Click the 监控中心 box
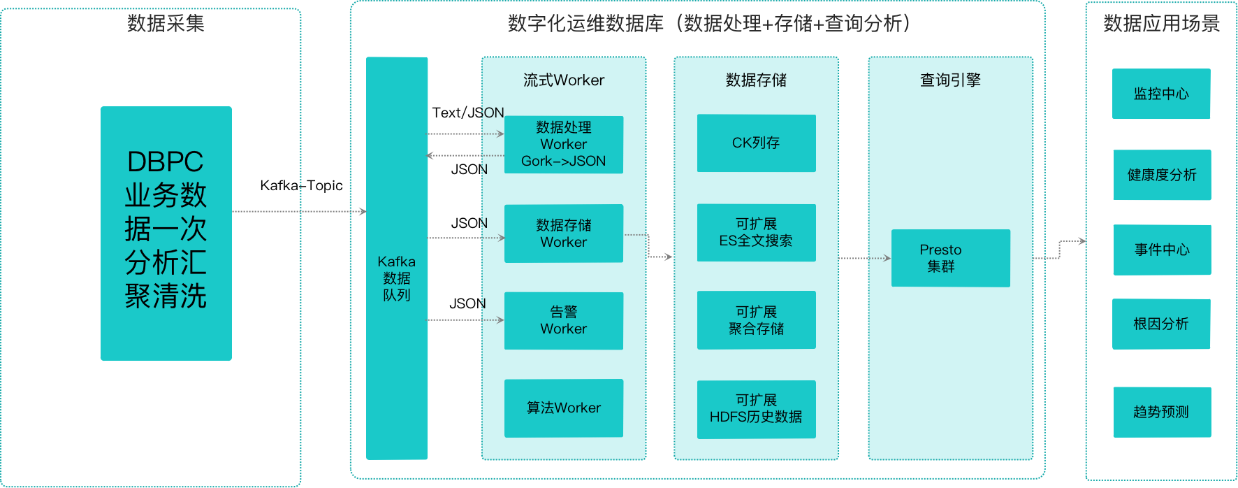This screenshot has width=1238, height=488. click(x=1161, y=94)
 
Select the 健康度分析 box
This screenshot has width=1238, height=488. click(x=1162, y=175)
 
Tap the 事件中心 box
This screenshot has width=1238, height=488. click(x=1162, y=250)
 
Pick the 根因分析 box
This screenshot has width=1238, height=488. click(x=1161, y=324)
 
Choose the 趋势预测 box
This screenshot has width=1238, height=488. click(x=1161, y=412)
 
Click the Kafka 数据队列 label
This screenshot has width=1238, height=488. click(x=397, y=278)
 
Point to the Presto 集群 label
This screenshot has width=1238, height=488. click(x=940, y=258)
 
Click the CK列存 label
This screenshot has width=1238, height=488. click(x=756, y=143)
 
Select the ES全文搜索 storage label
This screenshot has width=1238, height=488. click(x=756, y=241)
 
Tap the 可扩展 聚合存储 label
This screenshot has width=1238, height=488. click(x=756, y=320)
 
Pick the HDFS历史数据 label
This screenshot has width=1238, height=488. click(x=756, y=417)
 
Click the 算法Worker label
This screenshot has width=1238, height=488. click(x=564, y=408)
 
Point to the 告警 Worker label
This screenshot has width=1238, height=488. click(x=564, y=320)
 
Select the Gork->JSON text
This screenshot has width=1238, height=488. click(x=564, y=161)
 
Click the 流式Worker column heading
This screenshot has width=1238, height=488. click(x=564, y=80)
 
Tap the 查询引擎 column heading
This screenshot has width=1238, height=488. click(x=950, y=80)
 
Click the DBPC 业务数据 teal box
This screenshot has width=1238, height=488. click(x=166, y=233)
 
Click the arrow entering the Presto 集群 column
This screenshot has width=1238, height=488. click(x=865, y=258)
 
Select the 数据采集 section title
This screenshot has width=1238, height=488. click(x=166, y=24)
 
